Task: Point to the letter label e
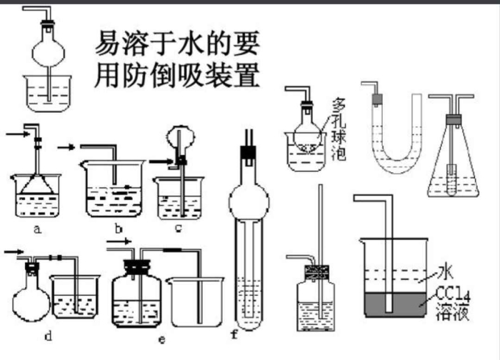click(162, 336)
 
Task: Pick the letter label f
click(234, 334)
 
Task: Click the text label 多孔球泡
click(339, 129)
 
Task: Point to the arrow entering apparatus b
click(66, 147)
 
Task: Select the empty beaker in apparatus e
click(196, 304)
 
